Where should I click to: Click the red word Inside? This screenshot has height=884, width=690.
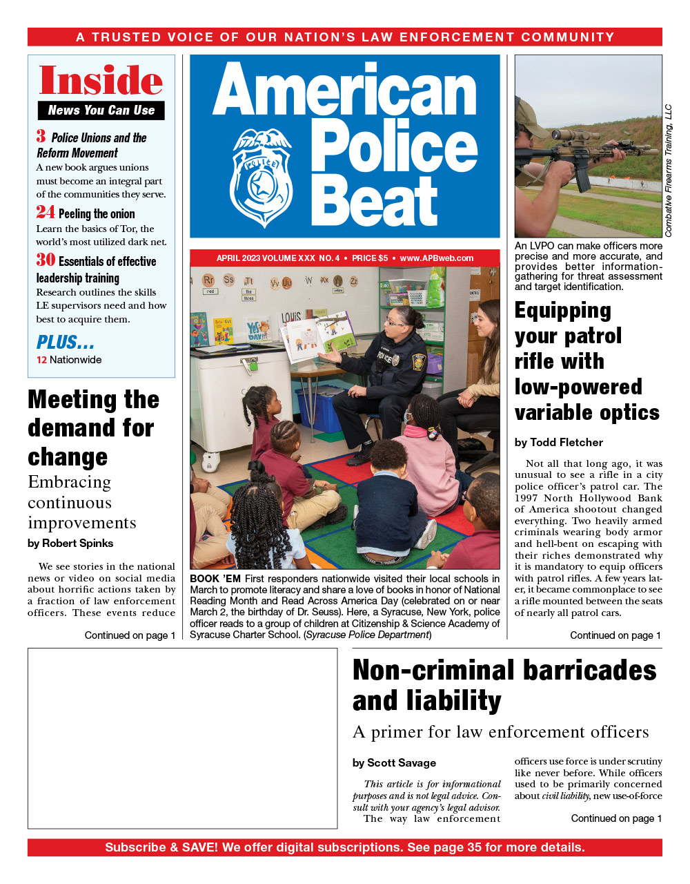coord(101,80)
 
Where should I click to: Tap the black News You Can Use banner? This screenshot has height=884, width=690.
coord(101,110)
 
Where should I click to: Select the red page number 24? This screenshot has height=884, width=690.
coord(46,212)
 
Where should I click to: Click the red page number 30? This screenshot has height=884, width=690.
coord(46,260)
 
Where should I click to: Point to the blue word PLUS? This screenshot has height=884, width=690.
coord(65,342)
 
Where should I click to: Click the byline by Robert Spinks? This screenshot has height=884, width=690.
coord(70,544)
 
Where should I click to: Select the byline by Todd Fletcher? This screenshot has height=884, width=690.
coord(559,442)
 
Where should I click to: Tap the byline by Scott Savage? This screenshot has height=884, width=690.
coord(394,762)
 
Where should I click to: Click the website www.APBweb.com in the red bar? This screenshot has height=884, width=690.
coord(437,258)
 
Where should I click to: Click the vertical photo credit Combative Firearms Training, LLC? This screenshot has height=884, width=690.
coord(668,171)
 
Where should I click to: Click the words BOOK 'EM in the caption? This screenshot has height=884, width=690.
coord(215,579)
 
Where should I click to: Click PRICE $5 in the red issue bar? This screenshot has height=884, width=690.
coord(370,258)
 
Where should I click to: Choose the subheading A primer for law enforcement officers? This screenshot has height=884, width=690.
coord(500,732)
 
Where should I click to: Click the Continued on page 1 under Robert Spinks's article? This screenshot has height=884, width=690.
coord(130,635)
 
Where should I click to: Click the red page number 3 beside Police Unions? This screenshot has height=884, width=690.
coord(41,136)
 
